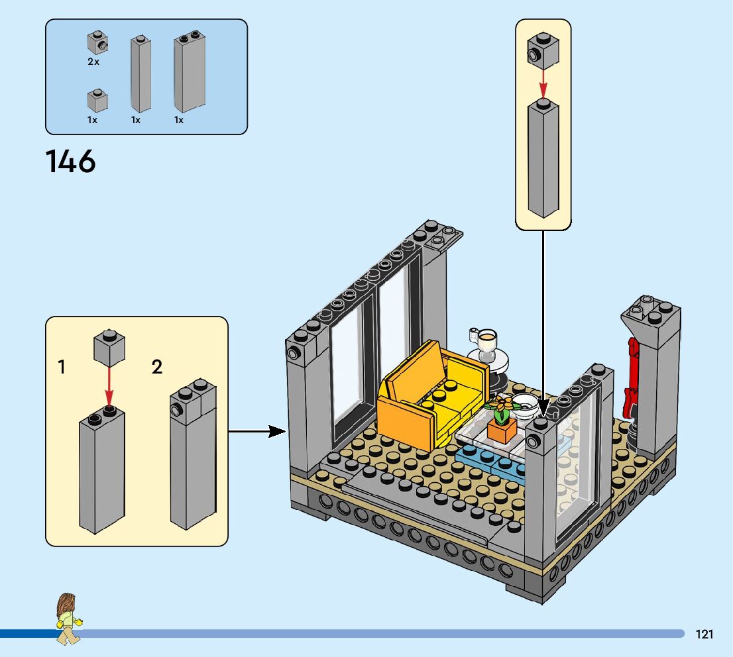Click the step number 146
[x=71, y=161]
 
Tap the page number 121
[x=705, y=634]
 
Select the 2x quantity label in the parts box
[x=93, y=62]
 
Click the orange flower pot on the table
[x=502, y=429]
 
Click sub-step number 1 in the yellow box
[x=61, y=367]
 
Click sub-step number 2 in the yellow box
[x=157, y=367]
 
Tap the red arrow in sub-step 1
[x=109, y=386]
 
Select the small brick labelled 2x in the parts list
[x=97, y=43]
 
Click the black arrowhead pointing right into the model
[x=277, y=431]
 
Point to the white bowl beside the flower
[x=524, y=404]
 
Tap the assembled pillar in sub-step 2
[x=193, y=454]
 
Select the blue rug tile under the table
[x=491, y=462]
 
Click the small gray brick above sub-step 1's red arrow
[x=109, y=348]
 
